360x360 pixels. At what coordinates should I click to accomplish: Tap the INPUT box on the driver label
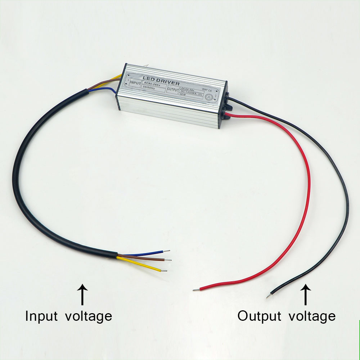pos(135,83)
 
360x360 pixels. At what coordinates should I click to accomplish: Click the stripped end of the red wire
pos(196,289)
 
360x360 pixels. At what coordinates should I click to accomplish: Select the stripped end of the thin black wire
pos(269,296)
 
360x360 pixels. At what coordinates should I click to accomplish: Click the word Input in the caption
pos(41,316)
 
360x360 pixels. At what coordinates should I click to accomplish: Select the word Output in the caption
pos(259,316)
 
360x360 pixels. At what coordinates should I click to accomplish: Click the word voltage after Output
pos(312,317)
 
